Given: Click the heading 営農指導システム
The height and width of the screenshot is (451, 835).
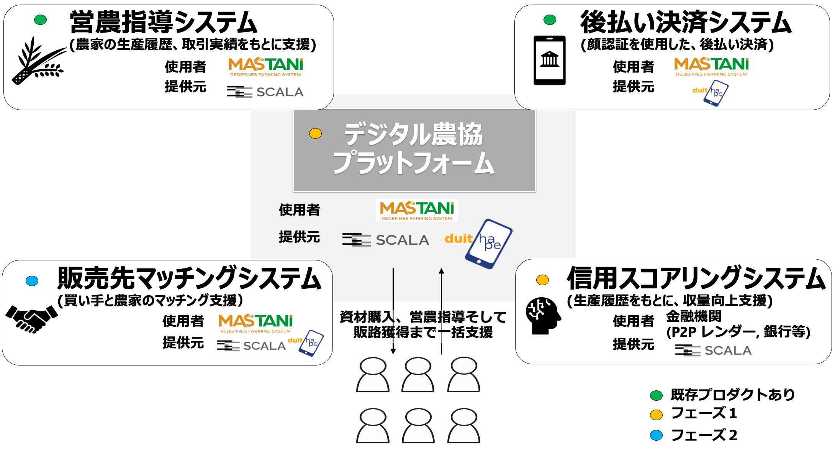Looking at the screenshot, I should pos(164,22).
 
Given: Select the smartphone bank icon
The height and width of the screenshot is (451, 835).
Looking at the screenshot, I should pos(549,60).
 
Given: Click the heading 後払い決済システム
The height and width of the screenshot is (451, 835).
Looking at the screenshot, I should pos(686,22).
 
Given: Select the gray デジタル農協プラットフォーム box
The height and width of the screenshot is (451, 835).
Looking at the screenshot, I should pos(414,150).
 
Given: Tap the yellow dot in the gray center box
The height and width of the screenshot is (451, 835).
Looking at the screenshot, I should pos(315,133).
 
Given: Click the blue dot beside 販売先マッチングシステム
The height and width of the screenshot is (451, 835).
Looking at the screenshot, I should pos(32,281).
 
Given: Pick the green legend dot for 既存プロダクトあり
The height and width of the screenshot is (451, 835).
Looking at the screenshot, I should pos(656,395).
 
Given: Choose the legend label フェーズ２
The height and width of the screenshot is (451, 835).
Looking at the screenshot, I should pos(704,435).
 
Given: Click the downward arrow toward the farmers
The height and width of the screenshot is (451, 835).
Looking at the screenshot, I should pos(393,311).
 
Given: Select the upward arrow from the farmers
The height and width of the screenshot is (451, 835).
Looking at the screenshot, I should pos(441,311).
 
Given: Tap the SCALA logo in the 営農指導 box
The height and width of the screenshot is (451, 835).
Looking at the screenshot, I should pos(265,92).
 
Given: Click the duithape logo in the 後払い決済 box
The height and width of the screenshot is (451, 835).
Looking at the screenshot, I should pos(711,92).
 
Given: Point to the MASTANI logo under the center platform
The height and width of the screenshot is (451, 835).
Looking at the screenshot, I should pos(417,210).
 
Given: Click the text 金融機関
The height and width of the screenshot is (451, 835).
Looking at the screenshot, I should pos(694,316).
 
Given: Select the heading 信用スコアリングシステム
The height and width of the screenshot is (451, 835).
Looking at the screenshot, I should pos(696,278).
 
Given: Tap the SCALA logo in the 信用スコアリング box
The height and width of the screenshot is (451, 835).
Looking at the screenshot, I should pos(713,350).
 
